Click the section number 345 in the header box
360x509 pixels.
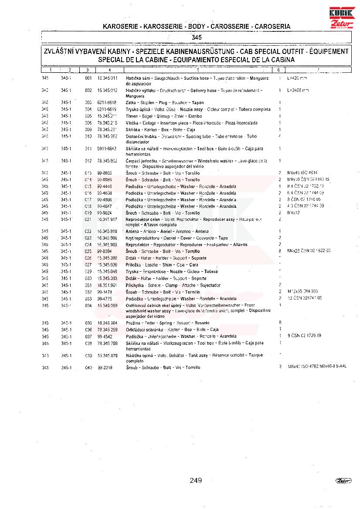tap(197, 37)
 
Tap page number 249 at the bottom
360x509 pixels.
tap(196, 480)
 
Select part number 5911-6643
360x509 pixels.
tap(107, 148)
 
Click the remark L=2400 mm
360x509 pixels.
tap(298, 90)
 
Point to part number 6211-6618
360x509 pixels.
tap(107, 102)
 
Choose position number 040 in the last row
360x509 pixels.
tap(88, 368)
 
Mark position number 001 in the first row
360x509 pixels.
tap(88, 78)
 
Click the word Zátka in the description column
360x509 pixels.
tap(131, 102)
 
